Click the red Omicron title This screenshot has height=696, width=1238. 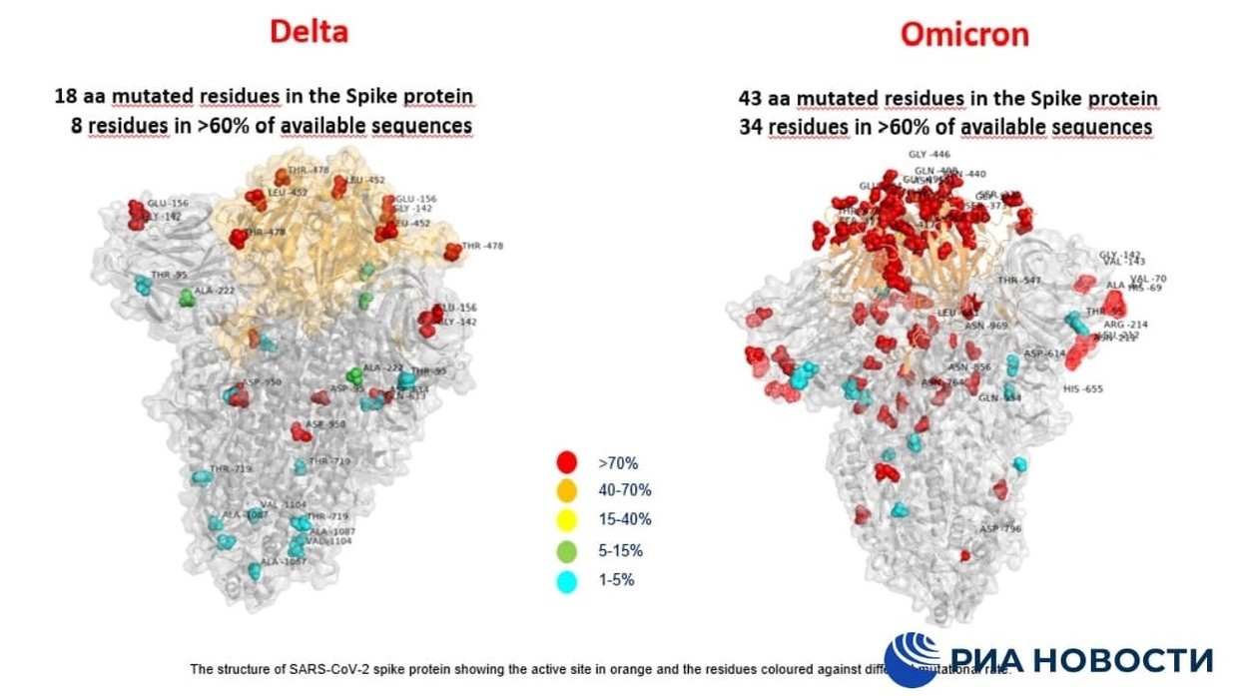964,34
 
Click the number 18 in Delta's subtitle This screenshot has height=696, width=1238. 65,97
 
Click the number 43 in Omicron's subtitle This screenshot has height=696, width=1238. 750,98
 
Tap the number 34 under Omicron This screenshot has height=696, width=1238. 751,127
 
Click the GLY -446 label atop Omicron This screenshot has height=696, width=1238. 928,155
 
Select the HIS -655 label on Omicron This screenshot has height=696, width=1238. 1083,389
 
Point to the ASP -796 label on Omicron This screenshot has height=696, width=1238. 1000,529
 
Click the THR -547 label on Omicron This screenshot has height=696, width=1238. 1018,282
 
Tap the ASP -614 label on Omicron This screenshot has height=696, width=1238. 1045,353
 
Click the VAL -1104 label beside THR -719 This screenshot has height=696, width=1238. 284,505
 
